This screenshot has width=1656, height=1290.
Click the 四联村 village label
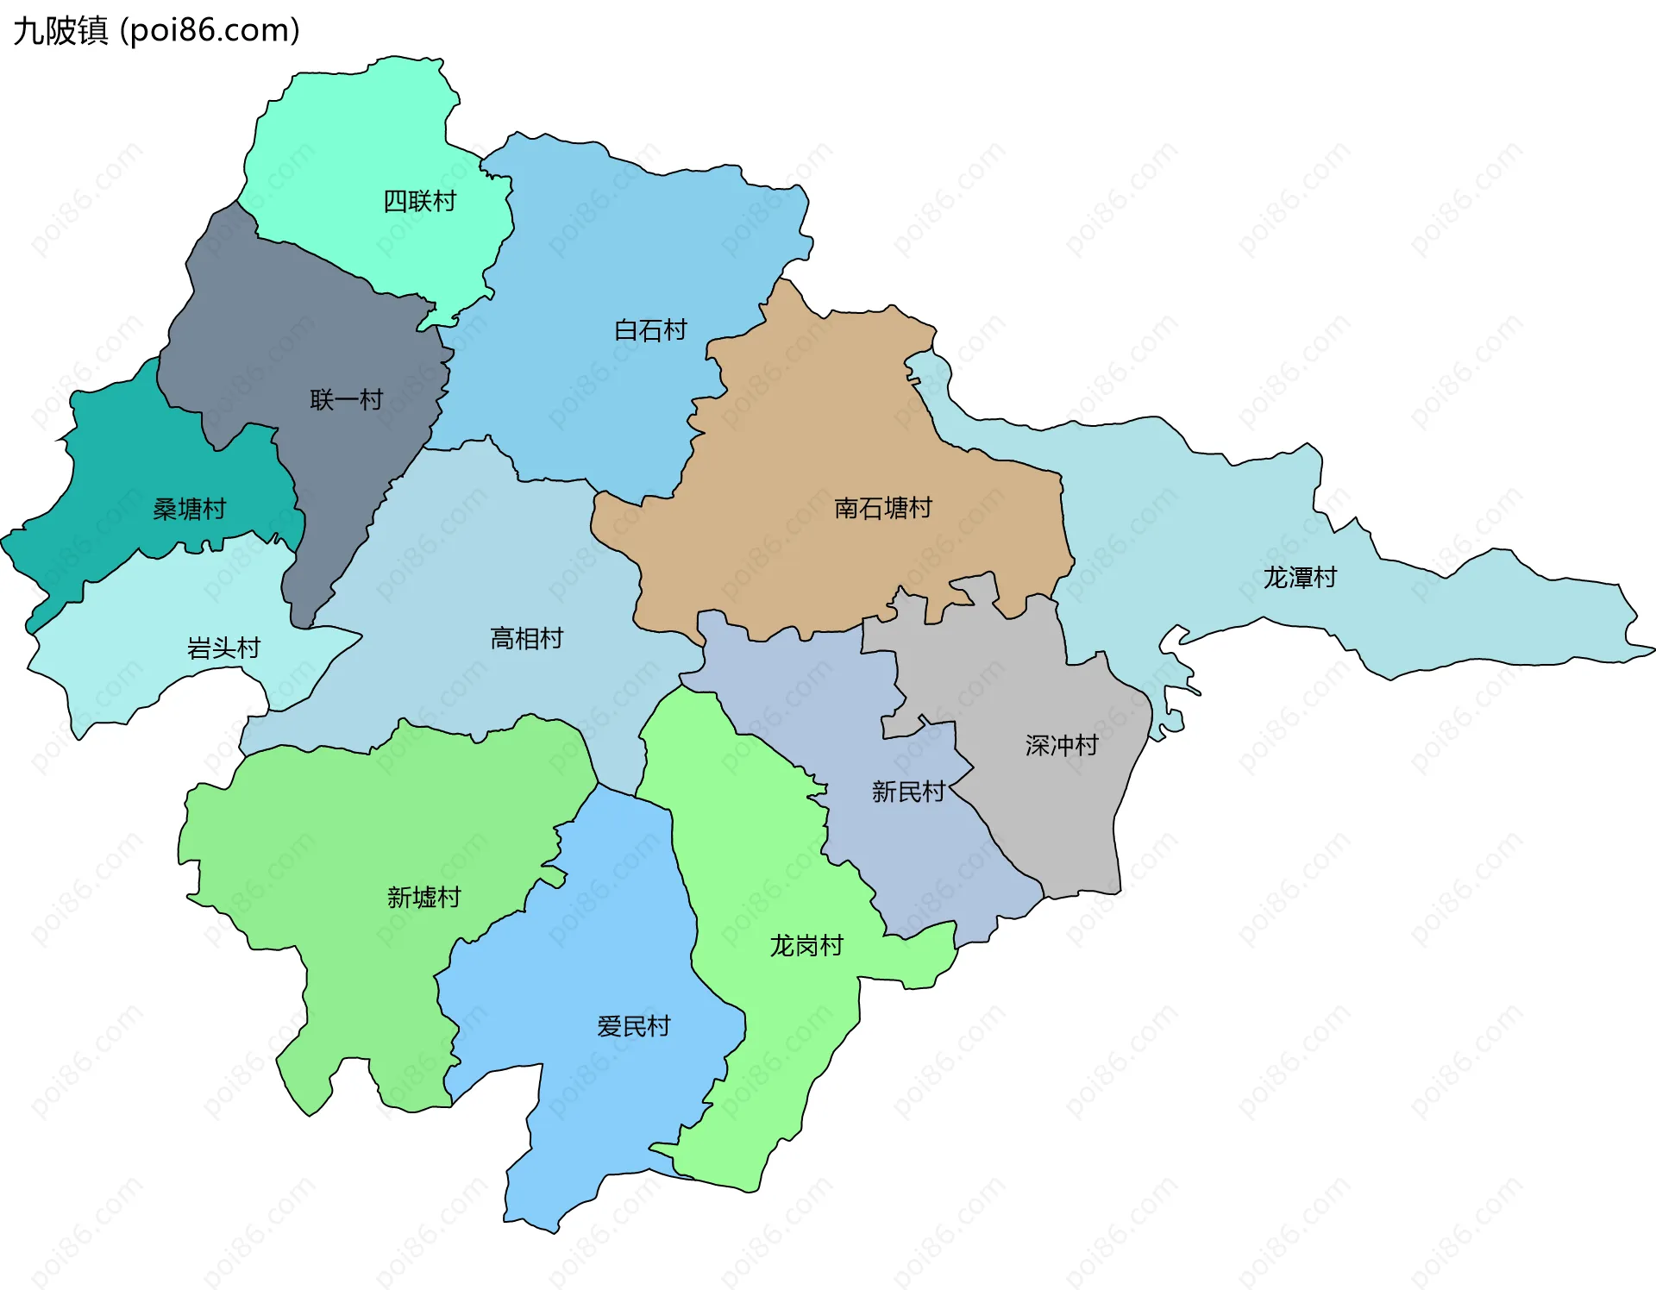419,201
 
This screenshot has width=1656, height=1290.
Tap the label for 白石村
650,330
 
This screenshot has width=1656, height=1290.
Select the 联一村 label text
346,399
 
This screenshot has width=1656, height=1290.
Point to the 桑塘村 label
189,509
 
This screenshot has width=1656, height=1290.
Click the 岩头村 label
223,648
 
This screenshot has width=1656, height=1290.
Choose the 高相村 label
526,638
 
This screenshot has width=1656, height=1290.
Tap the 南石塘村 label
883,508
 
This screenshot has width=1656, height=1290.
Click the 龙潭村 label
1300,577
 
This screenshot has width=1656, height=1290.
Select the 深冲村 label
1062,745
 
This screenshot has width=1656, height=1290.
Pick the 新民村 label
908,791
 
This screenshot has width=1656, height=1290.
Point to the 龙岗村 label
806,946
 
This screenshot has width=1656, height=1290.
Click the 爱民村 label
633,1026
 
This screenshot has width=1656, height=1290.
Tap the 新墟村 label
423,898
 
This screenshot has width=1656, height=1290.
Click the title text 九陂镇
60,31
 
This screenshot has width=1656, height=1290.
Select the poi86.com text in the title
210,31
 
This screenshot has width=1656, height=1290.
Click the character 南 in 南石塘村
846,508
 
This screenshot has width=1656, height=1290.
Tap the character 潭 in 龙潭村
1300,577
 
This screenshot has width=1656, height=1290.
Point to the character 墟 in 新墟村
423,898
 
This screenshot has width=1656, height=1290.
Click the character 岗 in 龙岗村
806,946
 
